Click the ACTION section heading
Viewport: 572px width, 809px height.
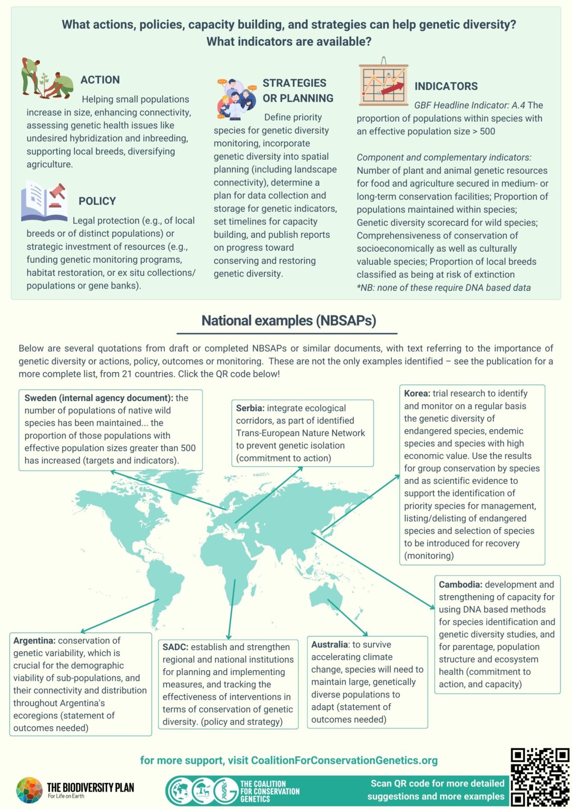100,80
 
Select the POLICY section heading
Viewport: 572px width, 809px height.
97,201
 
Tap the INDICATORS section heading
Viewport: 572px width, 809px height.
446,86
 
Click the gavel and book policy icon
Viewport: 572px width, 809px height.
45,201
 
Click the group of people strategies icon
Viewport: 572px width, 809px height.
236,98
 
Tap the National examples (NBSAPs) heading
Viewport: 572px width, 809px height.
289,321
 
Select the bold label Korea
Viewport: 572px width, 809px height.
417,393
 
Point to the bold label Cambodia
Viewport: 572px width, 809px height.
460,585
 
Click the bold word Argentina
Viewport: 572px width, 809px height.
34,640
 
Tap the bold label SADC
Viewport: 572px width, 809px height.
175,647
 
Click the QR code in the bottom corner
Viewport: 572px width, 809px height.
540,776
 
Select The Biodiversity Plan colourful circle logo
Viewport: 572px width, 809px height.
29,790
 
